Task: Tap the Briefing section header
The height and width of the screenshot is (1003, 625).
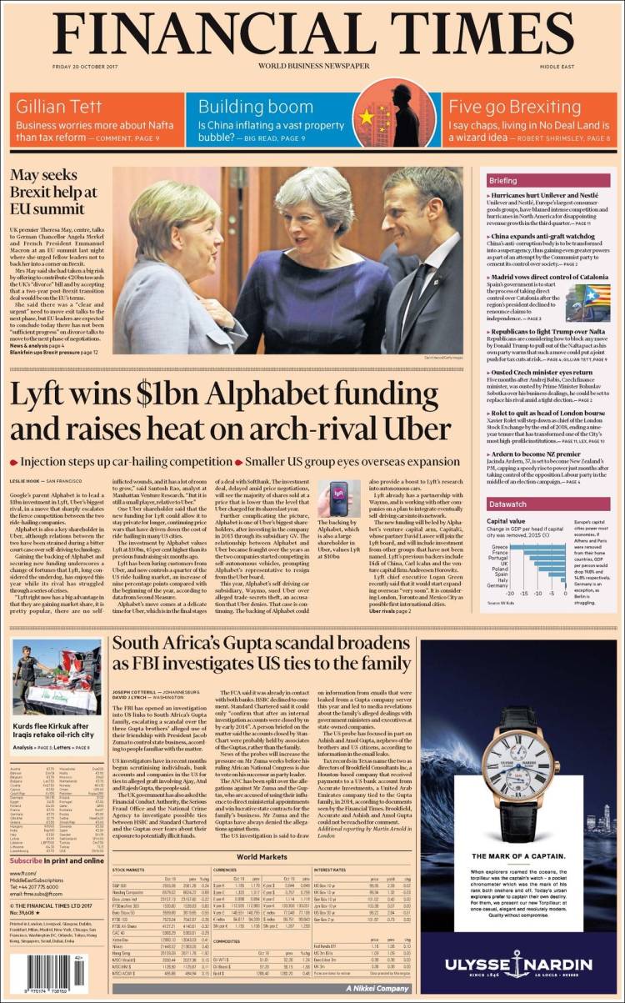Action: [x=503, y=180]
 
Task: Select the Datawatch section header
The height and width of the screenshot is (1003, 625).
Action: [x=507, y=504]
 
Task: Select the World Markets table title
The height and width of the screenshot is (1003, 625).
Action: [x=262, y=856]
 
